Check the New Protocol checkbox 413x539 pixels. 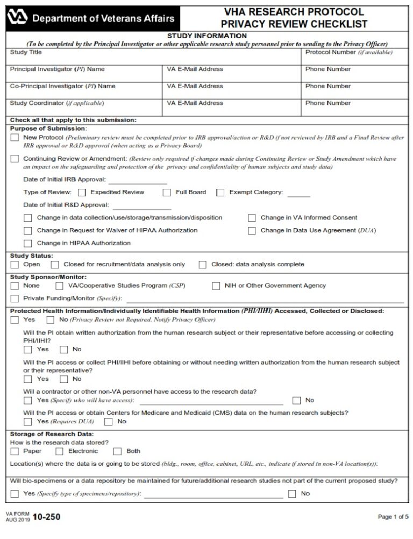pyautogui.click(x=15, y=138)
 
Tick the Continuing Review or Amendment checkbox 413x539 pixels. pyautogui.click(x=15, y=159)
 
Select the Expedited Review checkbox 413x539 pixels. pyautogui.click(x=82, y=192)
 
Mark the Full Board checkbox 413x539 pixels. pyautogui.click(x=167, y=192)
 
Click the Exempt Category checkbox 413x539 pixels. pyautogui.click(x=220, y=192)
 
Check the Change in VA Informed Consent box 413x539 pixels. pyautogui.click(x=252, y=218)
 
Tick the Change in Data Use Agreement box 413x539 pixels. pyautogui.click(x=252, y=231)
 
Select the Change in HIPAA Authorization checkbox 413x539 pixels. pyautogui.click(x=28, y=243)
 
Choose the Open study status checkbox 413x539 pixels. pyautogui.click(x=15, y=265)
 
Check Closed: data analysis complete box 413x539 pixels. pyautogui.click(x=203, y=265)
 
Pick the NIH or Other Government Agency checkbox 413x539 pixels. pyautogui.click(x=216, y=286)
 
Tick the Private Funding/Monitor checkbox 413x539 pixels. pyautogui.click(x=15, y=299)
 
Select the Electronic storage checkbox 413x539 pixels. pyautogui.click(x=60, y=451)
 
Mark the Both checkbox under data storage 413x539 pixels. pyautogui.click(x=117, y=451)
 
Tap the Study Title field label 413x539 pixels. pyautogui.click(x=26, y=53)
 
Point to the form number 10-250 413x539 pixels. pyautogui.click(x=47, y=517)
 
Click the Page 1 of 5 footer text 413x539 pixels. pyautogui.click(x=393, y=517)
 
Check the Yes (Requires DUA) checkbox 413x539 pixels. pyautogui.click(x=28, y=422)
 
